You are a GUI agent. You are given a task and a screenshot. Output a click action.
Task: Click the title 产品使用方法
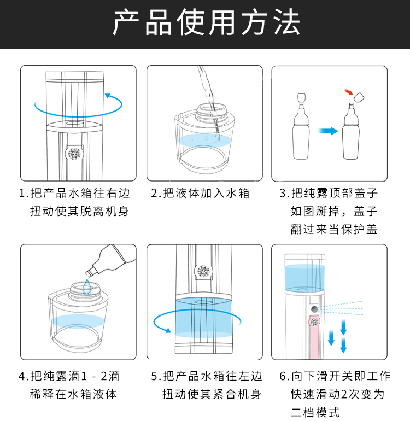pyautogui.click(x=206, y=22)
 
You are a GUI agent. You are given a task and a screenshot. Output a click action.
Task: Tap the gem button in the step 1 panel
pyautogui.click(x=74, y=154)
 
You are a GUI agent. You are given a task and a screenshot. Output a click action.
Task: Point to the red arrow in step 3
pyautogui.click(x=349, y=92)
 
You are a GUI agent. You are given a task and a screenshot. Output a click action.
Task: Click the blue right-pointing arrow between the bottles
pyautogui.click(x=328, y=131)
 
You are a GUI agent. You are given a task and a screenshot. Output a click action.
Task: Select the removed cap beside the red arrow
pyautogui.click(x=359, y=97)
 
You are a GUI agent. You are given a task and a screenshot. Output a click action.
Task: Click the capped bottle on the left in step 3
pyautogui.click(x=301, y=126)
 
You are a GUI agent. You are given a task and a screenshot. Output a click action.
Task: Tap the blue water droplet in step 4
pyautogui.click(x=87, y=286)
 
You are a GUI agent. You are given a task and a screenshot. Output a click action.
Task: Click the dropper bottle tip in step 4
pyautogui.click(x=89, y=273)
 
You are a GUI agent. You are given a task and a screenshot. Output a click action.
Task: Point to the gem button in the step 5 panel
pyautogui.click(x=203, y=271)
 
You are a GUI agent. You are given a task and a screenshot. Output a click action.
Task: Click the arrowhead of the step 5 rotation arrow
pyautogui.click(x=168, y=330)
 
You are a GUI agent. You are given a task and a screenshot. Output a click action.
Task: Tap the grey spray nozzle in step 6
pyautogui.click(x=314, y=309)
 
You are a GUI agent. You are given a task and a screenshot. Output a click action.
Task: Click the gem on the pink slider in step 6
pyautogui.click(x=315, y=321)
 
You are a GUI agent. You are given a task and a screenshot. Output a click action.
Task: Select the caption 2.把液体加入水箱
pyautogui.click(x=200, y=193)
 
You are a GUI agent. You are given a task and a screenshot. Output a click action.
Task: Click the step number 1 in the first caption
pyautogui.click(x=22, y=194)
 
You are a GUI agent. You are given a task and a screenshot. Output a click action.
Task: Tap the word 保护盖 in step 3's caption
pyautogui.click(x=359, y=229)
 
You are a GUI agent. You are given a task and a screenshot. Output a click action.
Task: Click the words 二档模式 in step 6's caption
pyautogui.click(x=315, y=412)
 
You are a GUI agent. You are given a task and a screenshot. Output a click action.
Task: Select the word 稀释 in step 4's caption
pyautogui.click(x=42, y=394)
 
